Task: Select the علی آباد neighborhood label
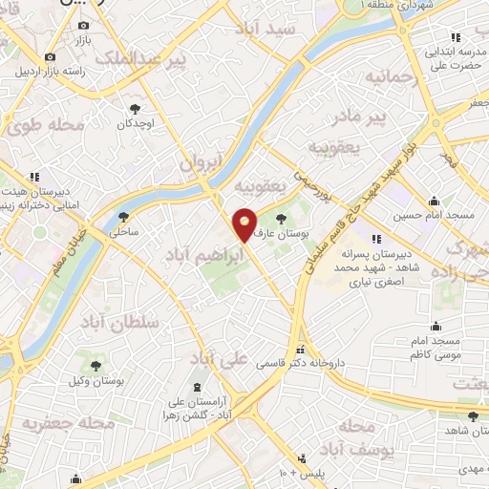tap(219, 358)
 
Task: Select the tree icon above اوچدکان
tap(135, 108)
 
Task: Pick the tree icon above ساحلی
tap(123, 216)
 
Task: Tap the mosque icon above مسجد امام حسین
tap(436, 201)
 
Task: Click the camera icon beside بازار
tap(83, 25)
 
